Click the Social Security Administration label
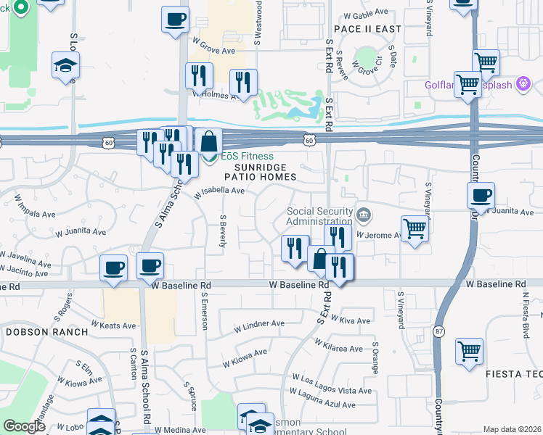pyautogui.click(x=319, y=216)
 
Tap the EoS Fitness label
pyautogui.click(x=248, y=156)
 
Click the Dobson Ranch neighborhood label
pyautogui.click(x=46, y=331)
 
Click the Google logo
pyautogui.click(x=25, y=426)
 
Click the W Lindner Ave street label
pyautogui.click(x=259, y=324)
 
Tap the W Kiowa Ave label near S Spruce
pyautogui.click(x=245, y=357)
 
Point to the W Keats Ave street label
pyautogui.click(x=114, y=326)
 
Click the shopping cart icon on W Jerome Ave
pyautogui.click(x=415, y=228)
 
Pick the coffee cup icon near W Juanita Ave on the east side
pyautogui.click(x=481, y=195)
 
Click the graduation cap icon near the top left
pyautogui.click(x=66, y=65)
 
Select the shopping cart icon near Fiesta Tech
pyautogui.click(x=470, y=351)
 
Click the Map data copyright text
pyautogui.click(x=512, y=429)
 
